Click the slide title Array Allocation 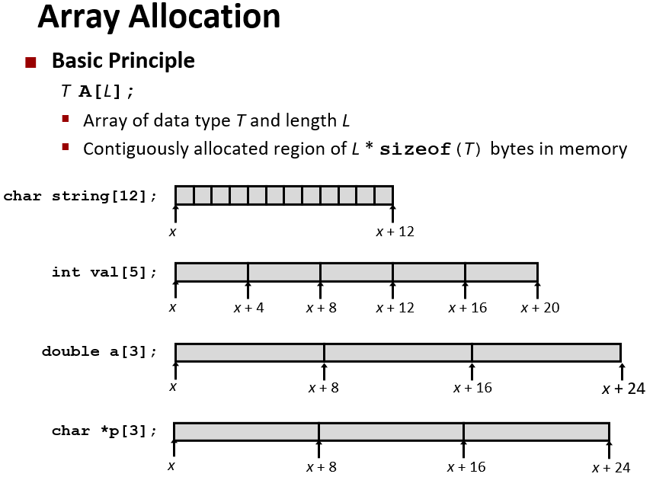pos(158,17)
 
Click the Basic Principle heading pos(123,60)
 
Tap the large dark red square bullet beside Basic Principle pos(30,62)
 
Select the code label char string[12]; pos(80,196)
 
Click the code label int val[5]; pos(104,272)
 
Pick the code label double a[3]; pos(99,351)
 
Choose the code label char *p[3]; pos(104,431)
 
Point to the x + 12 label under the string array pos(395,232)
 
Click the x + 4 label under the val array pos(249,308)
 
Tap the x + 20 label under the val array pos(539,308)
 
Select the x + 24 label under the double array pos(623,389)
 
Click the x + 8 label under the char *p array pos(321,467)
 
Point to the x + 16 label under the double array pos(472,388)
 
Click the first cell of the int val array pos(211,272)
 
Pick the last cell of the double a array pos(546,352)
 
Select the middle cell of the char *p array pos(391,431)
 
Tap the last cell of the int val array pos(501,272)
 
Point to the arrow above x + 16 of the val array pos(465,288)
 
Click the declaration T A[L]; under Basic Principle pos(98,91)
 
